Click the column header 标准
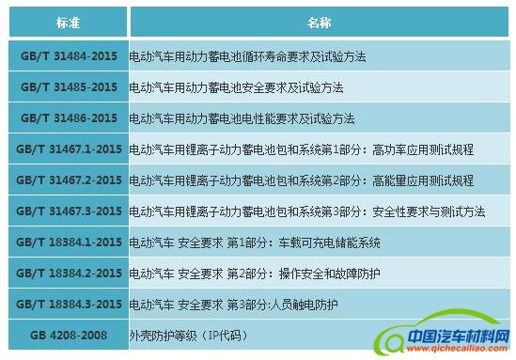68,22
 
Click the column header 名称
320,22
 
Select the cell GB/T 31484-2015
69,55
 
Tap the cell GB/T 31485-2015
69,86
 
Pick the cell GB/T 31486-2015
69,117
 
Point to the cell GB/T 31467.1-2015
69,149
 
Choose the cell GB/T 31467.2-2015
69,180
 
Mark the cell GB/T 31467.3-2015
69,211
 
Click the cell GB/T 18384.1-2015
69,242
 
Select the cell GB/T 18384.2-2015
69,273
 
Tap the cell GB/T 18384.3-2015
69,304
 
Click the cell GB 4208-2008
69,335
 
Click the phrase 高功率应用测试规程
423,149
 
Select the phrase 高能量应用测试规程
423,180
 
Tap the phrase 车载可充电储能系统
329,243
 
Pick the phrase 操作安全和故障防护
329,274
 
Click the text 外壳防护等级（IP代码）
189,336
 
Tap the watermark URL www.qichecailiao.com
458,349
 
